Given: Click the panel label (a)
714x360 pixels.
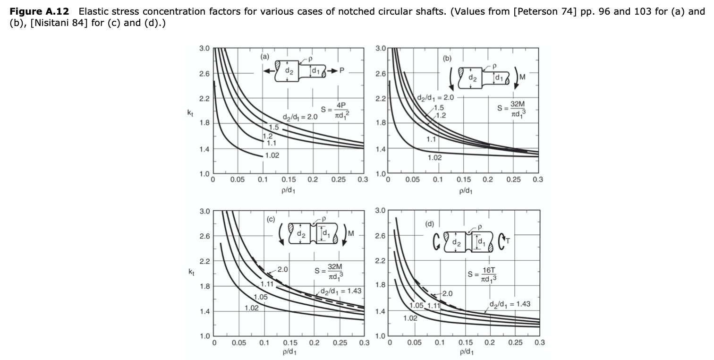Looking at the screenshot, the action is pyautogui.click(x=264, y=57).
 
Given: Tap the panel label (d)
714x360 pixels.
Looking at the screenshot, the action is pyautogui.click(x=430, y=224).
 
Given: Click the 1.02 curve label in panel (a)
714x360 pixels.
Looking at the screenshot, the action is pyautogui.click(x=272, y=155).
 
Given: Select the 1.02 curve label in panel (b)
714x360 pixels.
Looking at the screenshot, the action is pyautogui.click(x=434, y=157).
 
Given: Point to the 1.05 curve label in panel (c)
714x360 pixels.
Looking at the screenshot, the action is pyautogui.click(x=260, y=297).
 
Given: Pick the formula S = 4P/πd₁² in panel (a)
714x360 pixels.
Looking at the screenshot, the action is pyautogui.click(x=335, y=110).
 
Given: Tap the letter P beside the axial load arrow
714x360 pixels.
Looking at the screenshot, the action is pyautogui.click(x=342, y=70).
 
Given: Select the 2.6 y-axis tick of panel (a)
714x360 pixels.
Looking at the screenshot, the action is pyautogui.click(x=204, y=74).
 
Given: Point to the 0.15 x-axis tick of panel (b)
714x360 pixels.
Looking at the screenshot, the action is pyautogui.click(x=463, y=180).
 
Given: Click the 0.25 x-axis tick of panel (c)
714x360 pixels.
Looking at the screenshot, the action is pyautogui.click(x=340, y=343).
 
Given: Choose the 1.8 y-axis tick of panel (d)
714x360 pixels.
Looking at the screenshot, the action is pyautogui.click(x=380, y=285).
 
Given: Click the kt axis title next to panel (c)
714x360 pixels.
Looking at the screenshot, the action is pyautogui.click(x=191, y=272).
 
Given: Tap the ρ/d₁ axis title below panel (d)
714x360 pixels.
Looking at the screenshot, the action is pyautogui.click(x=467, y=351).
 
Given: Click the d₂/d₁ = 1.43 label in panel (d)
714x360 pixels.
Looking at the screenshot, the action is pyautogui.click(x=510, y=304).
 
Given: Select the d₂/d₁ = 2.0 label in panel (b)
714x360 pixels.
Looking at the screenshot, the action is pyautogui.click(x=435, y=98).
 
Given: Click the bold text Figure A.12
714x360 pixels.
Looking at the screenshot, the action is pyautogui.click(x=39, y=11).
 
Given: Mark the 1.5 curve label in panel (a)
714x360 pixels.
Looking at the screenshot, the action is pyautogui.click(x=273, y=127).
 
